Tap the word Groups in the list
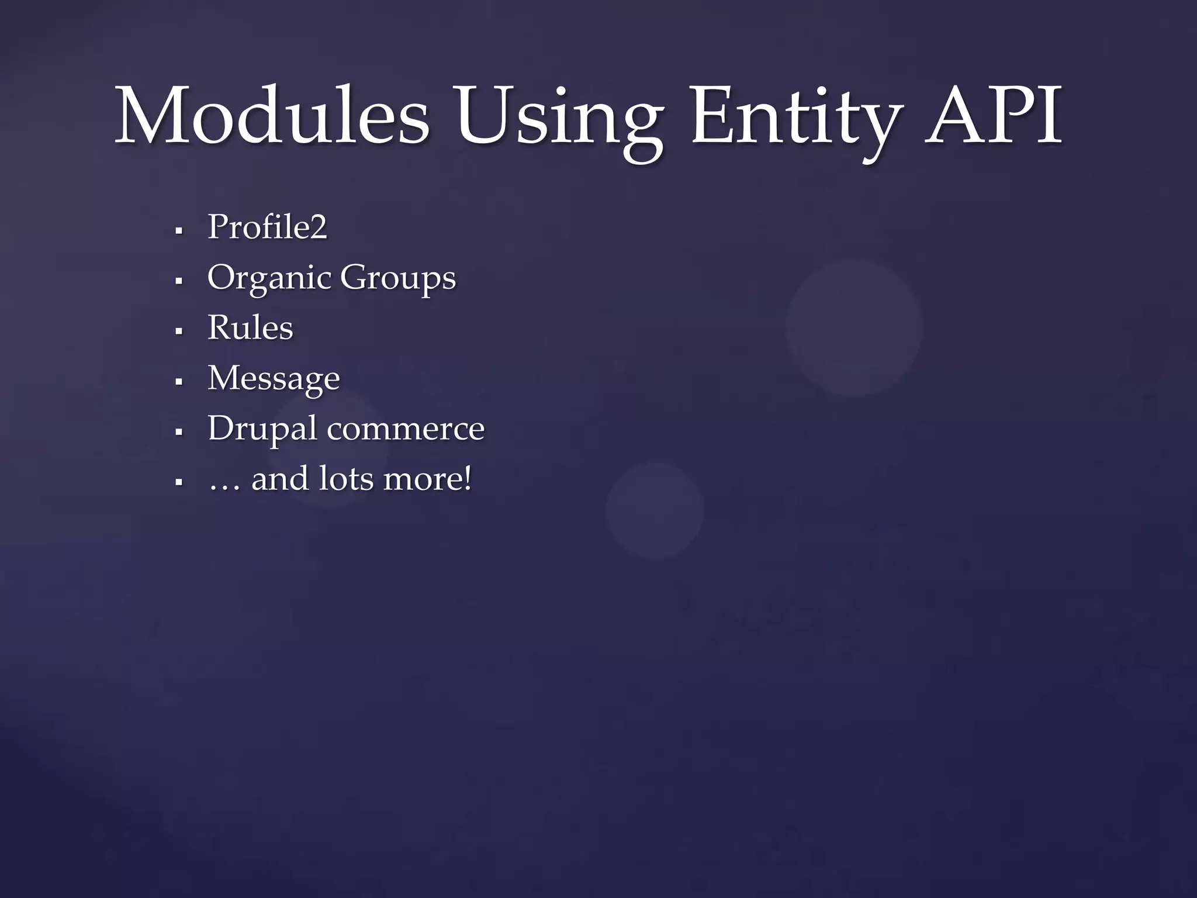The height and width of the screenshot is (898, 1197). click(x=397, y=278)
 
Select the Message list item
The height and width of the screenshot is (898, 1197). click(x=274, y=379)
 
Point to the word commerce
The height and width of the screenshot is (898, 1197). click(x=406, y=429)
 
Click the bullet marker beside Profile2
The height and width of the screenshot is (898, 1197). click(x=179, y=230)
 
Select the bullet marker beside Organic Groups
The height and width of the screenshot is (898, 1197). click(x=179, y=281)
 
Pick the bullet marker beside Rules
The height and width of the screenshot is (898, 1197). click(x=179, y=331)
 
